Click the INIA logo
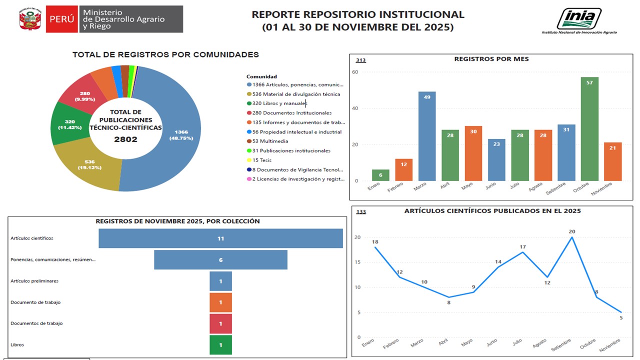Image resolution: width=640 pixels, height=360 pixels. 579,21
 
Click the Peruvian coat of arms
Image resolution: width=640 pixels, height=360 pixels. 30,19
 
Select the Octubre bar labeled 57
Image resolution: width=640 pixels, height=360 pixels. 589,129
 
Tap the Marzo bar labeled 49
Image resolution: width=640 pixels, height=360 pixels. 427,136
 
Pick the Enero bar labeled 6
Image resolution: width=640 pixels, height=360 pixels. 380,175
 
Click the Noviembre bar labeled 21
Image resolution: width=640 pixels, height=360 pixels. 612,161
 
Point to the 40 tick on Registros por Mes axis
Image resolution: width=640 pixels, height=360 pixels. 355,108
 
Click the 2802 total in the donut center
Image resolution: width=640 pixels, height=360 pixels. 125,139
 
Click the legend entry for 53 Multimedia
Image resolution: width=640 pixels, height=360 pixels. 267,141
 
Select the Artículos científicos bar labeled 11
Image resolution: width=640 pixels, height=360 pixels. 220,238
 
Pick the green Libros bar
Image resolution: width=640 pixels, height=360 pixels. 220,345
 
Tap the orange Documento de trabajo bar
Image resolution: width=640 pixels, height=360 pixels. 220,302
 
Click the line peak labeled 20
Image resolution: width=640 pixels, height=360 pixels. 571,237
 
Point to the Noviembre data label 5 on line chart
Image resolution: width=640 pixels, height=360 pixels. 621,317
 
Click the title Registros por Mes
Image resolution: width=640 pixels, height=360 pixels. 491,59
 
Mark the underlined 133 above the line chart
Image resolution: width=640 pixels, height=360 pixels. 361,211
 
